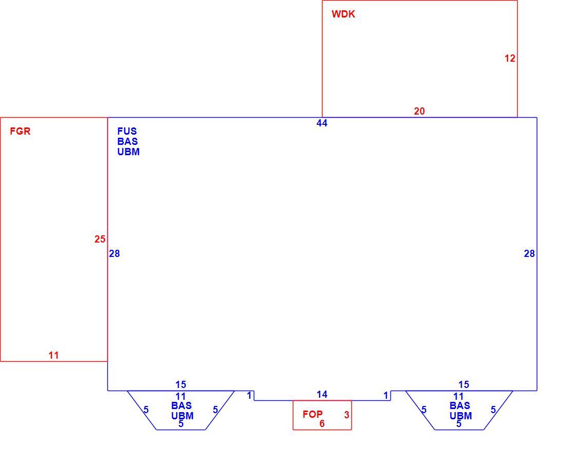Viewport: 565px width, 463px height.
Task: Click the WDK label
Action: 343,14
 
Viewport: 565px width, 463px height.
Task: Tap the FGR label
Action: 20,131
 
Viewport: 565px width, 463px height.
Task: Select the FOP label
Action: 312,414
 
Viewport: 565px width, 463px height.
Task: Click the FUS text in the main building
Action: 127,131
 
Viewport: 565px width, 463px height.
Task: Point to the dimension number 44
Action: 322,123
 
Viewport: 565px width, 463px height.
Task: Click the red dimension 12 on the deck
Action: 510,59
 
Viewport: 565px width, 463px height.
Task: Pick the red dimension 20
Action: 419,112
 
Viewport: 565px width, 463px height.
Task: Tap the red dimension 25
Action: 100,239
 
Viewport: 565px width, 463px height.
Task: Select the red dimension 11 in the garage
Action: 54,355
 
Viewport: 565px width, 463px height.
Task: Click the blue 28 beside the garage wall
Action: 114,254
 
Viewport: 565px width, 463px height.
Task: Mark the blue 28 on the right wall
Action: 529,254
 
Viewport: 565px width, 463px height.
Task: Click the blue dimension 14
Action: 322,395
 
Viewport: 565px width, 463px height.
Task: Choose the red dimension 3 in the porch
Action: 347,415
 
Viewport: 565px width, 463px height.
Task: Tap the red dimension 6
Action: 322,424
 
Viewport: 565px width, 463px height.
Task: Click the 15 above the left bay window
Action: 180,385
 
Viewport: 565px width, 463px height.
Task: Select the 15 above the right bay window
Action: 464,385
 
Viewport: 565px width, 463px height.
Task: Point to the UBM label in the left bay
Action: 182,416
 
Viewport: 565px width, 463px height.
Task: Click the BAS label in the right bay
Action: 460,405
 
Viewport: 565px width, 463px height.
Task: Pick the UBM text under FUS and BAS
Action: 128,152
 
